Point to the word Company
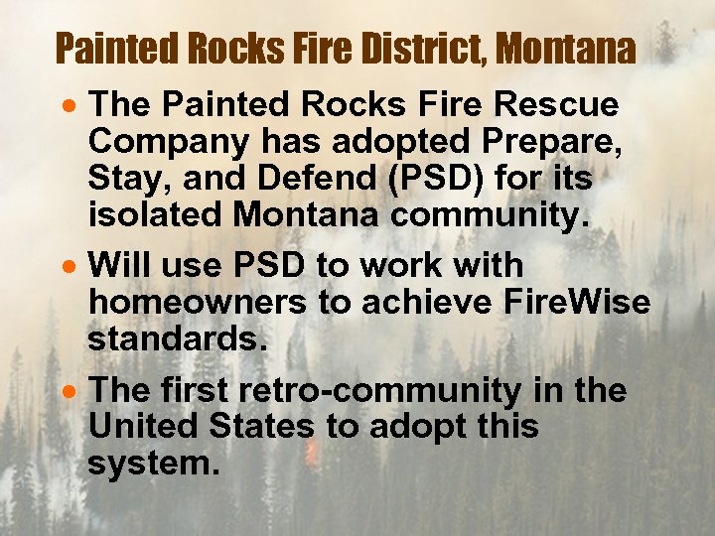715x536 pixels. (169, 142)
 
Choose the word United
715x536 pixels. (141, 428)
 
